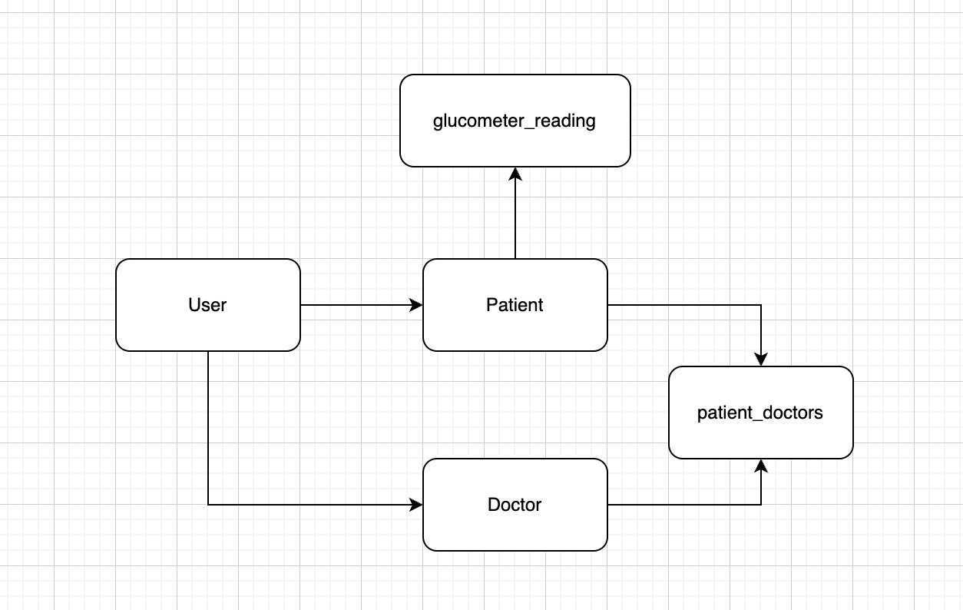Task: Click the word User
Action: click(x=207, y=305)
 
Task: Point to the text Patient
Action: click(x=515, y=305)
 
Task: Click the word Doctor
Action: click(x=515, y=505)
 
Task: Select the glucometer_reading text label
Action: click(x=515, y=121)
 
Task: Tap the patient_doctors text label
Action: click(x=760, y=413)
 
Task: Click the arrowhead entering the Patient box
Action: click(x=417, y=305)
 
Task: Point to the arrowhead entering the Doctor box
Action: click(x=417, y=505)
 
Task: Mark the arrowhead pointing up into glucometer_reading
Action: click(x=515, y=174)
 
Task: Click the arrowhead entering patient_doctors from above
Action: click(x=761, y=360)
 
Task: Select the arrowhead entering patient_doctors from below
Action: click(x=761, y=466)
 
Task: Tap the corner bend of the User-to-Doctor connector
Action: click(x=208, y=505)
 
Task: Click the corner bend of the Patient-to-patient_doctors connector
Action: click(x=761, y=305)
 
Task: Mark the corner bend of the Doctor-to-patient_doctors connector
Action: click(x=761, y=505)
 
